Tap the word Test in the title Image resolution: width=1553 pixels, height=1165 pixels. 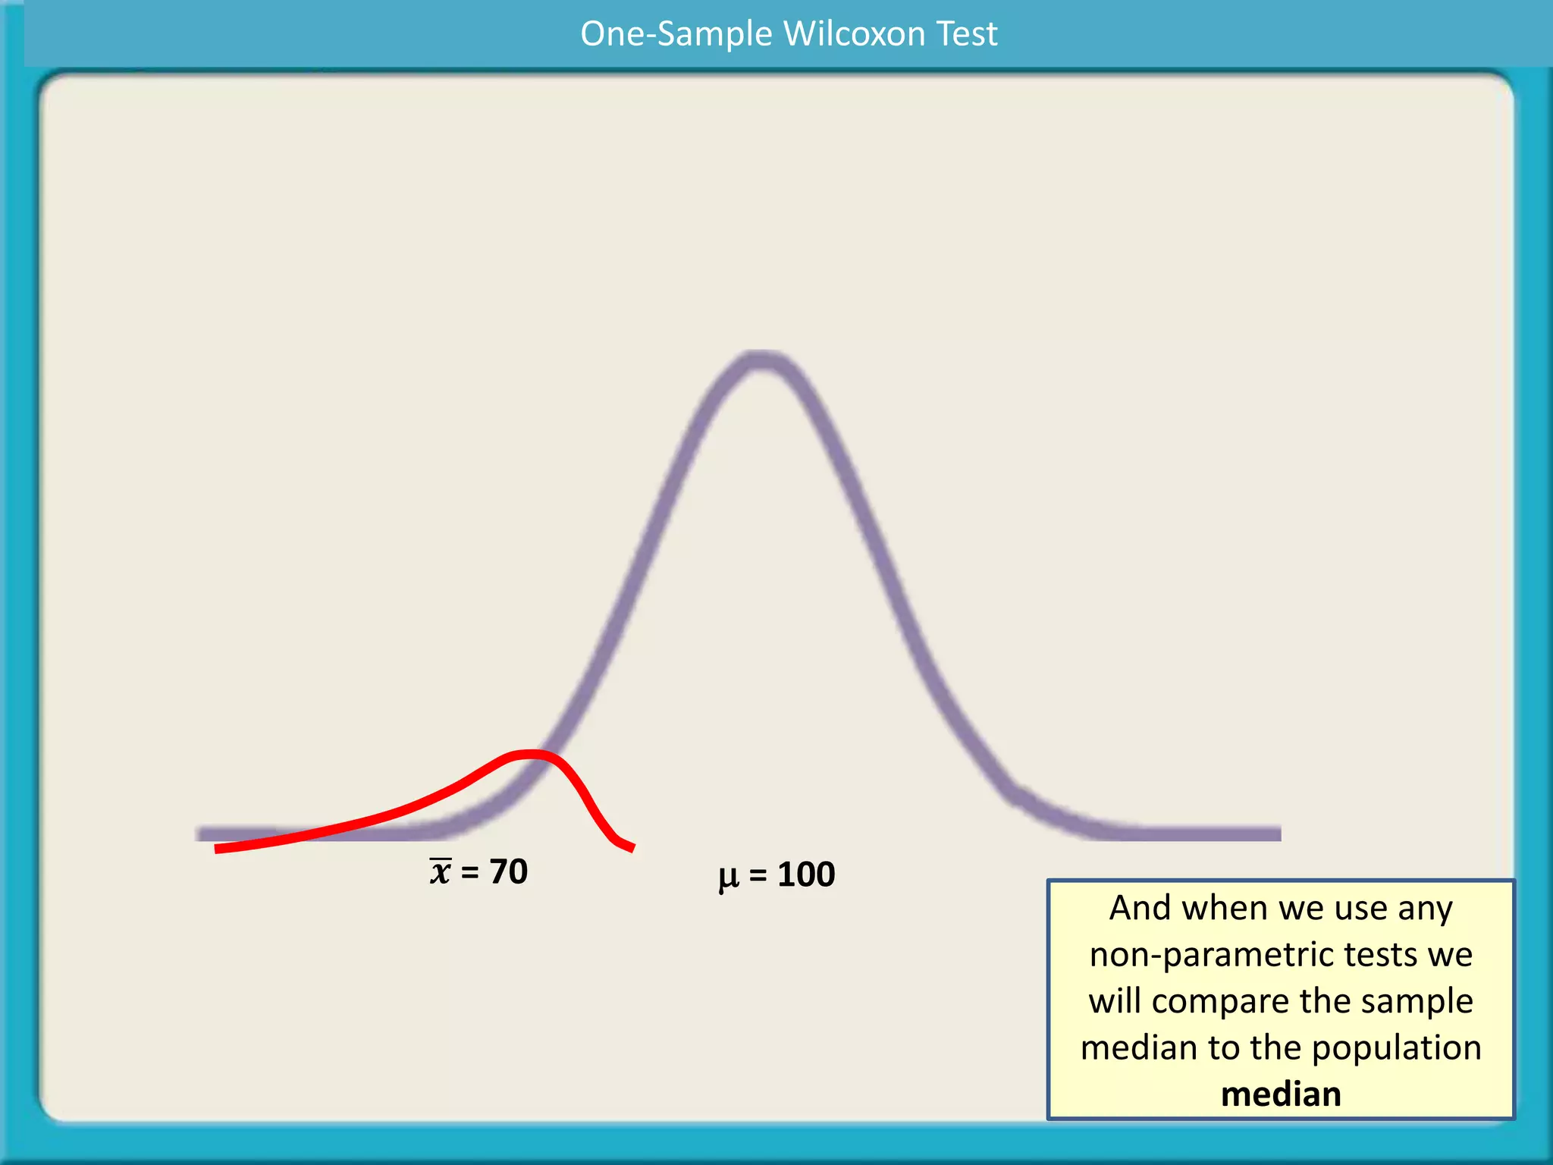click(x=967, y=34)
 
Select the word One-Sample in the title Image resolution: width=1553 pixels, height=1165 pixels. click(x=676, y=34)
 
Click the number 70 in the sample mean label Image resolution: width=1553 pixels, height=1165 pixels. click(x=508, y=871)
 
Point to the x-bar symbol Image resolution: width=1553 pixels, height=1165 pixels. click(x=441, y=872)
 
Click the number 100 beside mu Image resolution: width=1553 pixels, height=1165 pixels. click(x=806, y=875)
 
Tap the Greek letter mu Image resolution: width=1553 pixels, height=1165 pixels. click(x=728, y=877)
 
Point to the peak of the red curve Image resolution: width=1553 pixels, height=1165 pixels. click(x=531, y=754)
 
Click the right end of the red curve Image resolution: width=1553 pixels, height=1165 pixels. click(x=632, y=848)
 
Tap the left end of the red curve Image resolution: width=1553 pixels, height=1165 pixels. click(x=218, y=849)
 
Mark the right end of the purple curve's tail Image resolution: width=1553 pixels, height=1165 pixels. click(x=1278, y=834)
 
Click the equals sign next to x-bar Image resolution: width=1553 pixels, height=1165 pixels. click(x=470, y=873)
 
